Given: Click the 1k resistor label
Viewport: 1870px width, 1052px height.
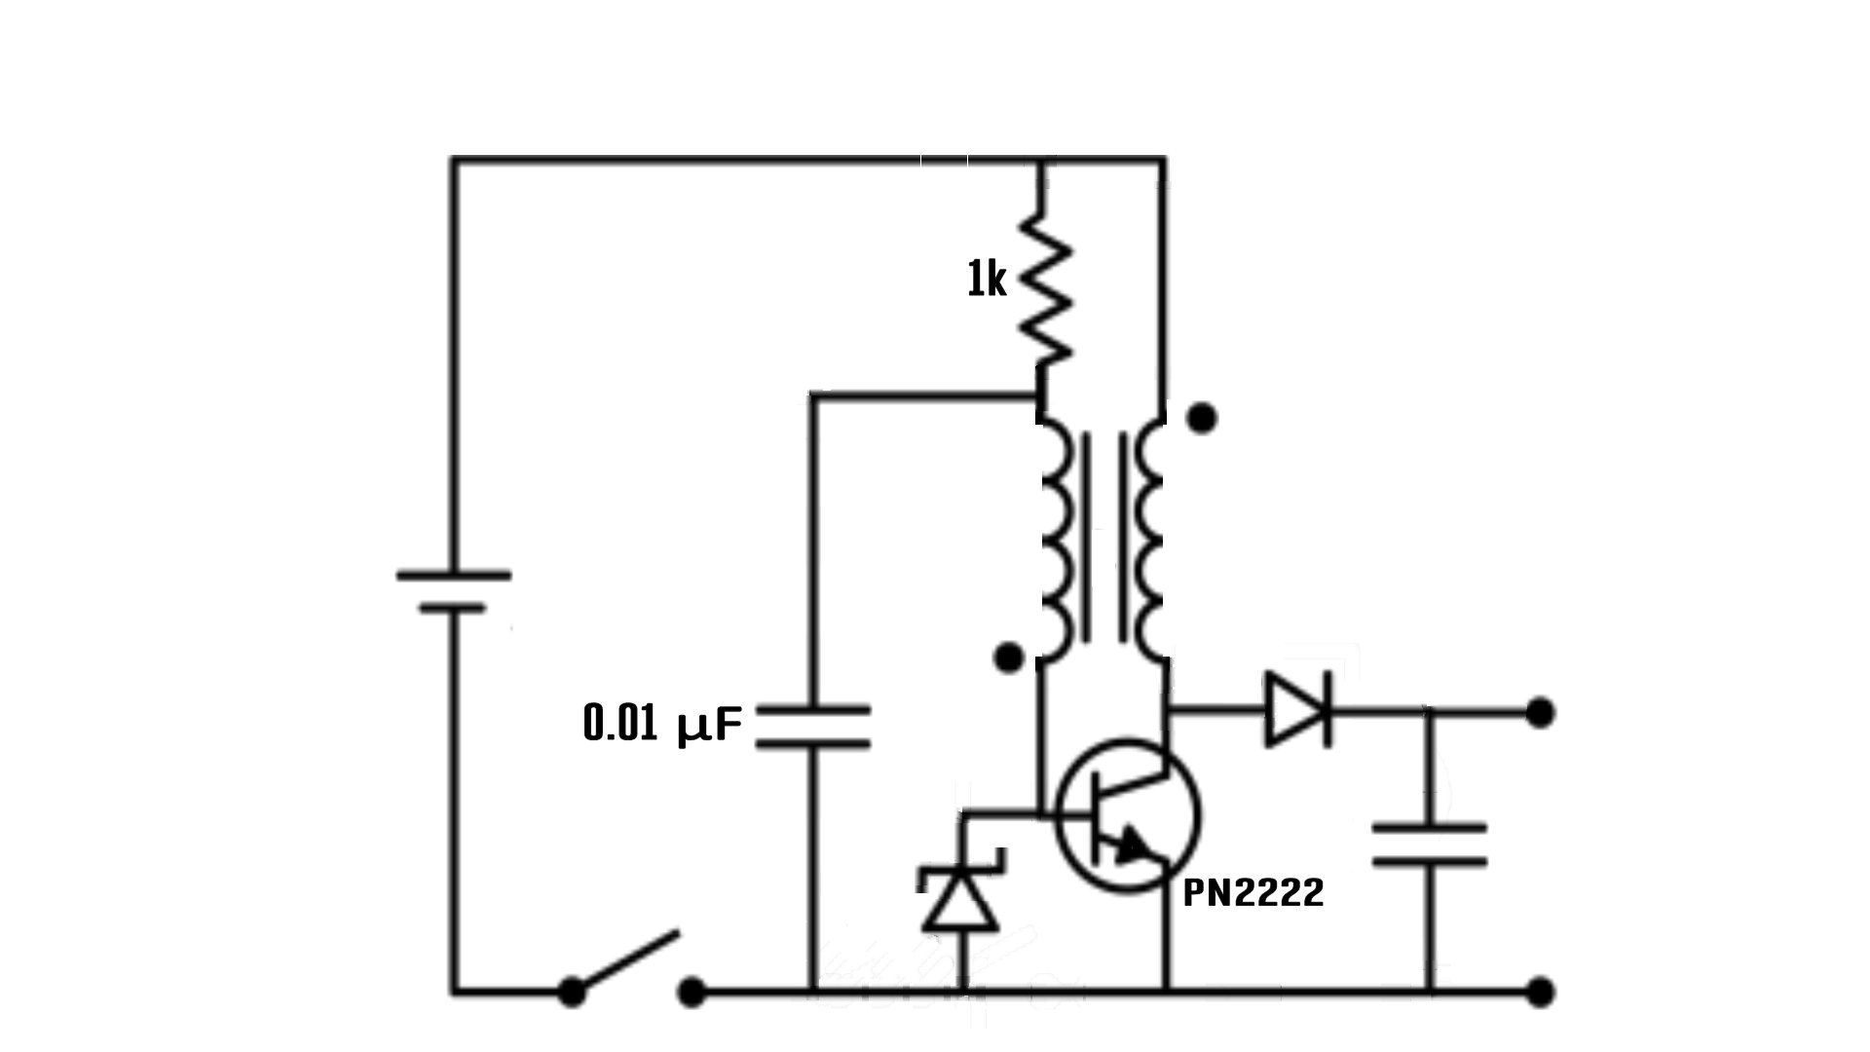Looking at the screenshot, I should tap(986, 282).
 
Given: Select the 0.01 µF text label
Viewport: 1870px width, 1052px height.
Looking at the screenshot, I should tap(662, 725).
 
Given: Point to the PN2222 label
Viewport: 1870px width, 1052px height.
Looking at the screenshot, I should tap(1253, 892).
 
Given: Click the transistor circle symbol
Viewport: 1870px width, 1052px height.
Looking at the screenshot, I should tap(1128, 816).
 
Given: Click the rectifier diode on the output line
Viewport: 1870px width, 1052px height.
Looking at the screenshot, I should tap(1297, 710).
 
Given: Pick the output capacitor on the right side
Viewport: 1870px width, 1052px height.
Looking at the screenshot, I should tap(1430, 844).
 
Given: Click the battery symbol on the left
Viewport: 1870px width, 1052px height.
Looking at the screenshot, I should tap(453, 591).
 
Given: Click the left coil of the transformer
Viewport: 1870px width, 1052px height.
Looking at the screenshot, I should tap(1057, 541).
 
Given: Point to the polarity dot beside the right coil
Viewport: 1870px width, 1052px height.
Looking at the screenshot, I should tap(1203, 419).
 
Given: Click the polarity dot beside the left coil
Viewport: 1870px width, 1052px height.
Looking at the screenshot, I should tap(1009, 658).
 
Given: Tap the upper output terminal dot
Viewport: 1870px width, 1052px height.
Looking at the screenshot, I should tap(1540, 713).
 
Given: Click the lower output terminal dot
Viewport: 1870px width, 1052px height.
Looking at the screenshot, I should tap(1540, 993).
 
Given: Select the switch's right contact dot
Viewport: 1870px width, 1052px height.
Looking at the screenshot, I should tap(691, 993).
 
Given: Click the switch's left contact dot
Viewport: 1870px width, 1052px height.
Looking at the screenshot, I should tap(572, 993).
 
